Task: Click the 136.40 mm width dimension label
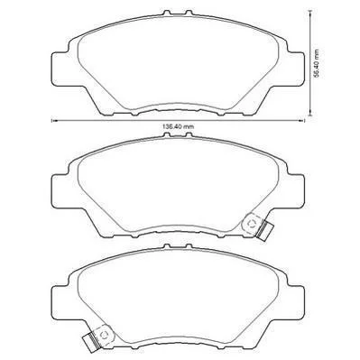pos(178,126)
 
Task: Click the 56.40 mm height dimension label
pos(316,64)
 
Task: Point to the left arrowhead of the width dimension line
pos(54,121)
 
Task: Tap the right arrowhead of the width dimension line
pos(301,121)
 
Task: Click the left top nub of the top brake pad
pos(166,14)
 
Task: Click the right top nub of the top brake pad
pos(189,14)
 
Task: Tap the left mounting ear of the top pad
pos(60,69)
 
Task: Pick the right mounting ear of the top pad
pos(296,69)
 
